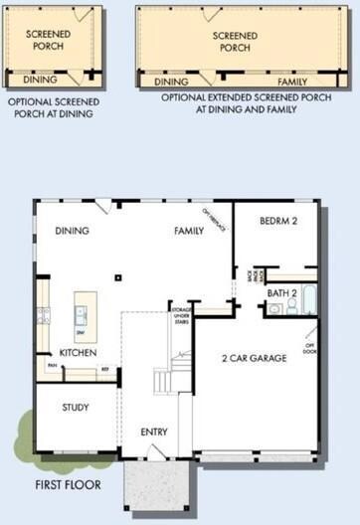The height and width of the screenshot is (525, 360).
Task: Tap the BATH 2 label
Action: pyautogui.click(x=282, y=294)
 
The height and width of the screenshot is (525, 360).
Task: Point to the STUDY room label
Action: pyautogui.click(x=75, y=408)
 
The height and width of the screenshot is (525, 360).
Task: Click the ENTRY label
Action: pyautogui.click(x=154, y=432)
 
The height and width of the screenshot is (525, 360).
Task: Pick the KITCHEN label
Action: pyautogui.click(x=78, y=353)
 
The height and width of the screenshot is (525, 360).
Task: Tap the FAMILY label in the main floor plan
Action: pyautogui.click(x=189, y=231)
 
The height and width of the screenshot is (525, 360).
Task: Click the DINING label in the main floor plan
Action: pyautogui.click(x=73, y=231)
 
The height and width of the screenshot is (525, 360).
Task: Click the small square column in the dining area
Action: pyautogui.click(x=117, y=278)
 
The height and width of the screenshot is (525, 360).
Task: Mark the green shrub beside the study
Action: pyautogui.click(x=25, y=436)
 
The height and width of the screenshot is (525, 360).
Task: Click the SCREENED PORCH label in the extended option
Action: pyautogui.click(x=235, y=41)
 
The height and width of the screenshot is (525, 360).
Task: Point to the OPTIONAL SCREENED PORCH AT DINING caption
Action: pyautogui.click(x=49, y=107)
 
